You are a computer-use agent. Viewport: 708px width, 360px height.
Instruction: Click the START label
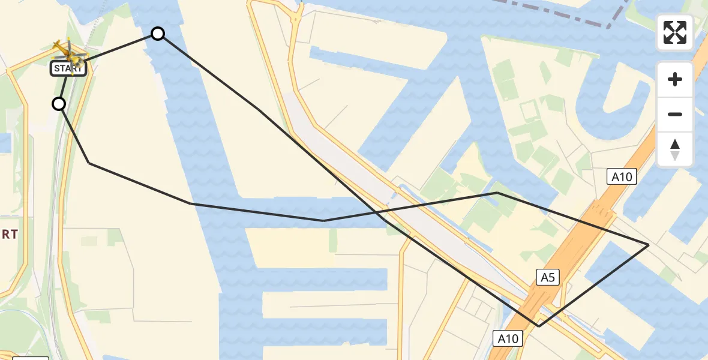68,68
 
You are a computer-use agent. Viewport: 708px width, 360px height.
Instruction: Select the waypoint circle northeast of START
158,34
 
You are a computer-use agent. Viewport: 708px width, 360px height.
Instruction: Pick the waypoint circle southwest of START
59,104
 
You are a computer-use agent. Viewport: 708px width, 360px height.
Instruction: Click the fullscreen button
675,32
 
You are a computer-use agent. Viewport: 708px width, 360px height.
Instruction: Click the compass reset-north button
675,149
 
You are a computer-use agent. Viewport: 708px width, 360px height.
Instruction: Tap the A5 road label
547,277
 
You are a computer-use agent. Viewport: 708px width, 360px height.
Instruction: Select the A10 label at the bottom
507,338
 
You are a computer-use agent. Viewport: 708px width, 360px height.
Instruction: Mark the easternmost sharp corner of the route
649,245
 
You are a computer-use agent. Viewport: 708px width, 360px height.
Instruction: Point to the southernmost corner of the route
539,326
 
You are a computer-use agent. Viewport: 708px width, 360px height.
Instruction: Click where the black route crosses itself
377,212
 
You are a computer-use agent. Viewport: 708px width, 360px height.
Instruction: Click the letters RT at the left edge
9,235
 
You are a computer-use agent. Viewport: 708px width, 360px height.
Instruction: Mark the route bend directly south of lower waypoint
89,163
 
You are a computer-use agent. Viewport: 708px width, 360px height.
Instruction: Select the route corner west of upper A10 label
497,193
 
